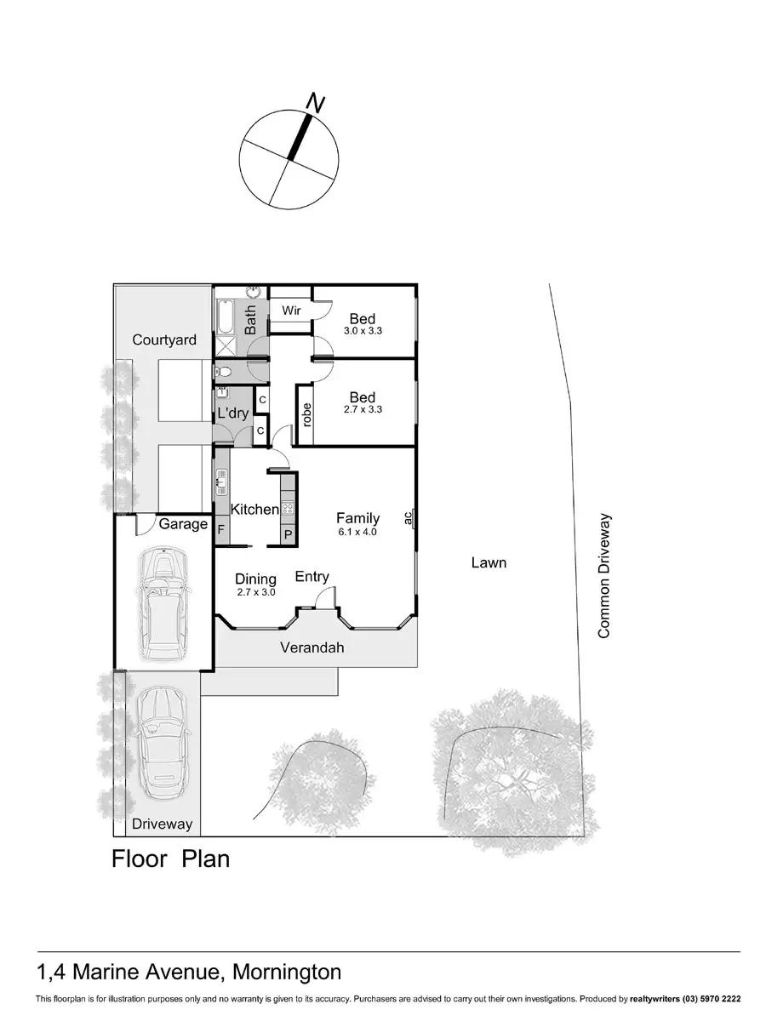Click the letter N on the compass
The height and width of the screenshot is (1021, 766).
(x=316, y=104)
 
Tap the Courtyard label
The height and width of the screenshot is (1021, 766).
(x=164, y=339)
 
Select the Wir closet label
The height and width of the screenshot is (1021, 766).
(x=291, y=311)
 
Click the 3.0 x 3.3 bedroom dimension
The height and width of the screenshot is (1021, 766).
(x=363, y=331)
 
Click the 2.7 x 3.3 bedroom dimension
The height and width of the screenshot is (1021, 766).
(x=363, y=409)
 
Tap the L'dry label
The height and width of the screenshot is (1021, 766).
(x=232, y=414)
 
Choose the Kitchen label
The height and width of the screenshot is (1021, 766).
(x=254, y=509)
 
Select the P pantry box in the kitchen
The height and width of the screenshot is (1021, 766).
(x=288, y=534)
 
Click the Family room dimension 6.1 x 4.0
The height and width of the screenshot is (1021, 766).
(x=357, y=532)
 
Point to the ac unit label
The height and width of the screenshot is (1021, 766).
(x=408, y=516)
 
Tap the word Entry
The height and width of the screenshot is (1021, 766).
(x=312, y=577)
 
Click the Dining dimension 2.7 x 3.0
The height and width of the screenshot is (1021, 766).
(x=255, y=591)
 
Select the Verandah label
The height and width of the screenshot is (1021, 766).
(x=312, y=647)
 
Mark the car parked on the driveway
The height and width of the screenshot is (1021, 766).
(x=162, y=743)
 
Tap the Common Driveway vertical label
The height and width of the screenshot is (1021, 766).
(x=604, y=575)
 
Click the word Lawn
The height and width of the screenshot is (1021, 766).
(x=489, y=562)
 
